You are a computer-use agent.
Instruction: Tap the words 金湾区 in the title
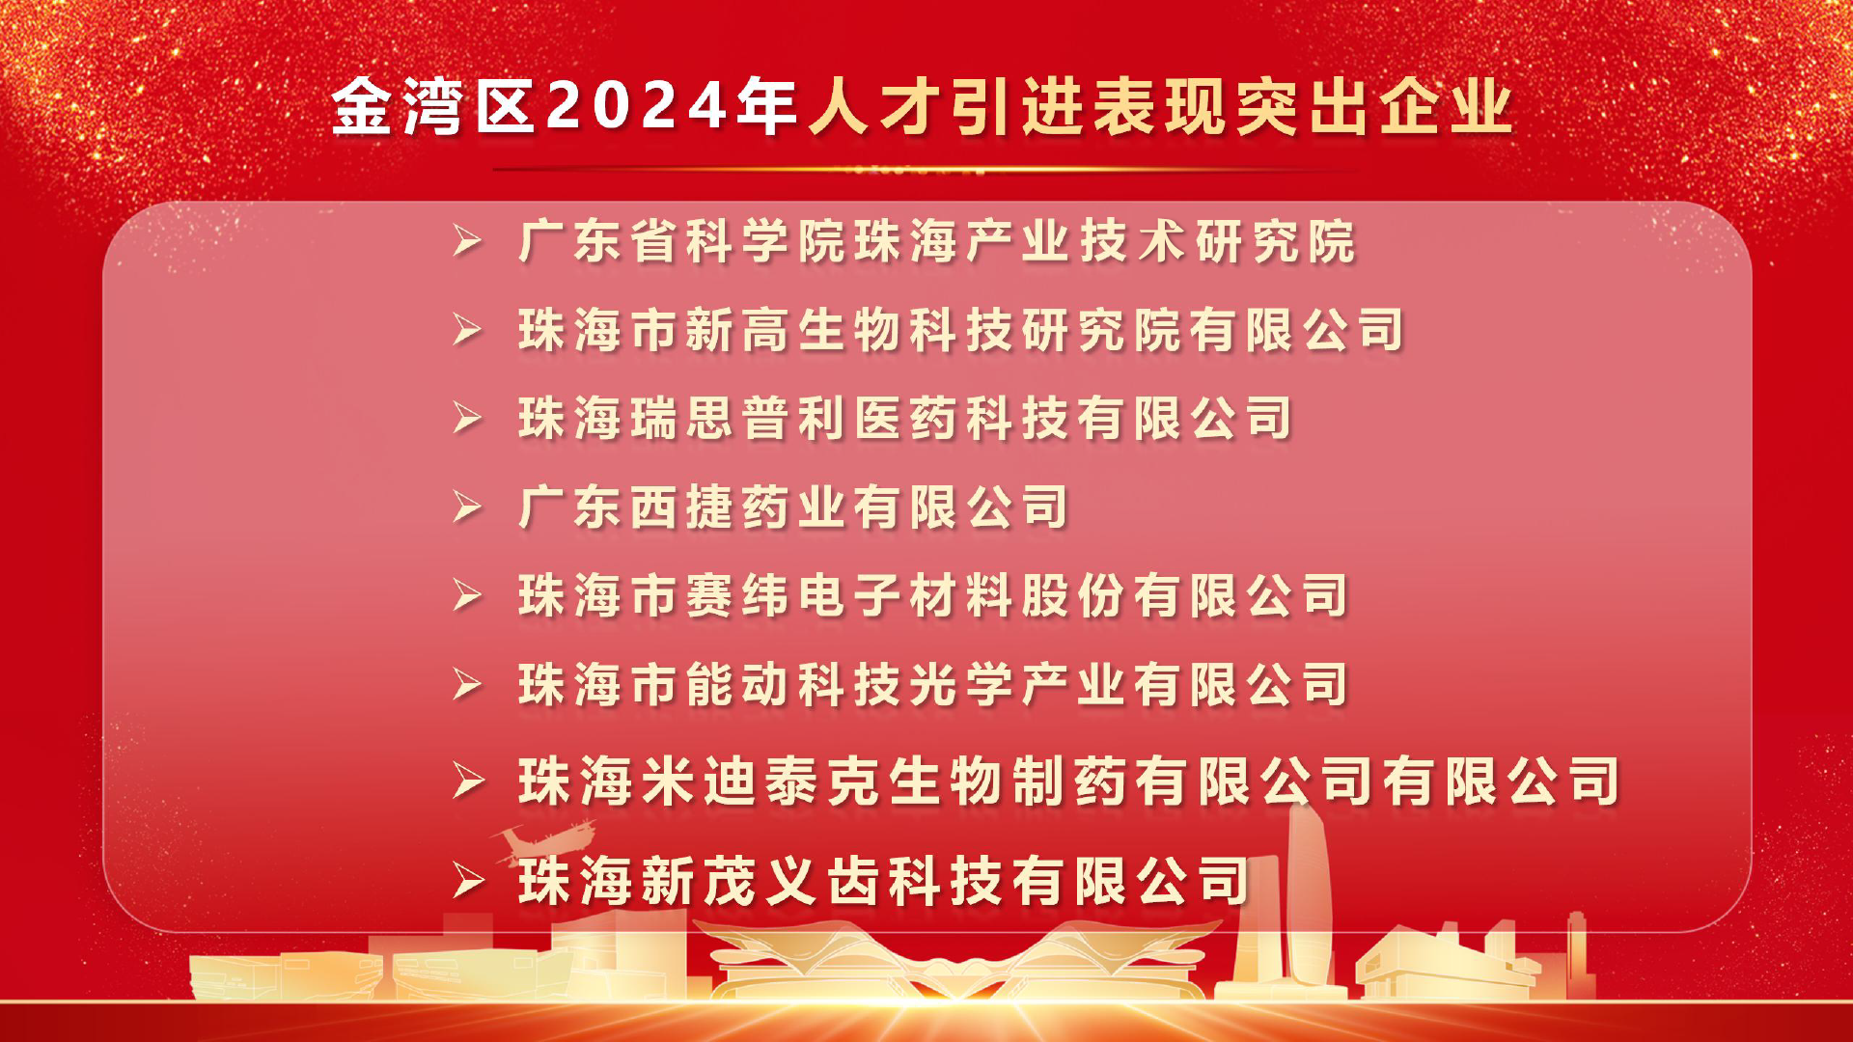[433, 105]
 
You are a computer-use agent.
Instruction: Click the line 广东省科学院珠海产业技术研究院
[937, 241]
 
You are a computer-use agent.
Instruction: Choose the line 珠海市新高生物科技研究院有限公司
[961, 330]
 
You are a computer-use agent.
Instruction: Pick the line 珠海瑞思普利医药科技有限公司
[905, 419]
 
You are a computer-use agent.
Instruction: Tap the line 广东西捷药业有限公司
[793, 507]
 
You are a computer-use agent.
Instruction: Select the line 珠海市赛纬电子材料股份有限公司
[933, 596]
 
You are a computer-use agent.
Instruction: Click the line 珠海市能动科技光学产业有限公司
[933, 685]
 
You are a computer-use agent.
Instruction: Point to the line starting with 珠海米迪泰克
[1069, 781]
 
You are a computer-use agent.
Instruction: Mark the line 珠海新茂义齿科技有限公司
[884, 881]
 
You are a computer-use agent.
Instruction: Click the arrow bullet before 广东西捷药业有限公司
[468, 507]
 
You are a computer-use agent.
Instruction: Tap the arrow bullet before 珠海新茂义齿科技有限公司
[469, 881]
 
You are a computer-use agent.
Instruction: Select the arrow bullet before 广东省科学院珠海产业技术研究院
[468, 241]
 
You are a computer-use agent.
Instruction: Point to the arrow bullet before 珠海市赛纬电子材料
[468, 596]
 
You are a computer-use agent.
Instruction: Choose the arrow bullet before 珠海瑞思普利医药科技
[468, 419]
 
